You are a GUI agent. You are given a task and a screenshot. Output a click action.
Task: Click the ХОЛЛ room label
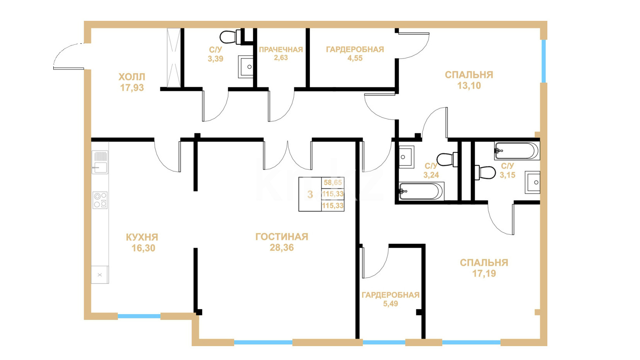click(x=132, y=77)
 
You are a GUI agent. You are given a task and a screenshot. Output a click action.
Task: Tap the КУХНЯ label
click(x=142, y=237)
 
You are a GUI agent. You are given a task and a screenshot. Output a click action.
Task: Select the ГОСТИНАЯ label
click(x=282, y=237)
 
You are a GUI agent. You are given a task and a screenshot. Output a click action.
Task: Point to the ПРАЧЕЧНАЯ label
click(x=281, y=50)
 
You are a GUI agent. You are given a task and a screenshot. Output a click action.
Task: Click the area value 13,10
click(x=469, y=86)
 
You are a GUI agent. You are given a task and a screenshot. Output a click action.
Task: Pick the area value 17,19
click(x=484, y=274)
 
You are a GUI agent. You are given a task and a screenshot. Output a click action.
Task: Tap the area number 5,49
click(x=390, y=304)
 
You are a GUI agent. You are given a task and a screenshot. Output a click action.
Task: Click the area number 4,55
click(x=355, y=58)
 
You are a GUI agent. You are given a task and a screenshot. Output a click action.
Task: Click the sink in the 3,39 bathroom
click(x=246, y=67)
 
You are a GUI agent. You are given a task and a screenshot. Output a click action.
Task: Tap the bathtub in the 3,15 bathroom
click(x=517, y=150)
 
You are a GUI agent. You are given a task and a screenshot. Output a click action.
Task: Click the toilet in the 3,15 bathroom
click(x=485, y=172)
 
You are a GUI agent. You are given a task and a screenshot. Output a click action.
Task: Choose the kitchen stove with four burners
click(x=100, y=200)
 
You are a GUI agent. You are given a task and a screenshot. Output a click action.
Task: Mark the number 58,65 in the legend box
click(x=333, y=183)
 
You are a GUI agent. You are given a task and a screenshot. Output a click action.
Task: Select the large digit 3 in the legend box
click(x=310, y=194)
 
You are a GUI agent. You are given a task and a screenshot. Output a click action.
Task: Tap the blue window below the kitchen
click(x=139, y=316)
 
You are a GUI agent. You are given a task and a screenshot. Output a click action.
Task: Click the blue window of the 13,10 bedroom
click(x=543, y=61)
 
